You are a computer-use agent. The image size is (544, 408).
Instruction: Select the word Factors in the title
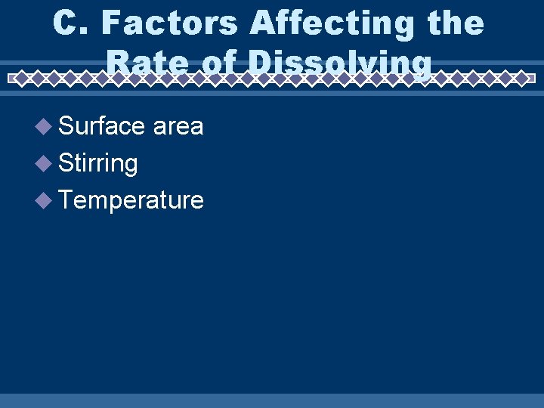click(169, 24)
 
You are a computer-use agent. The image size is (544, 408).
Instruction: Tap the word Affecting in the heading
click(332, 24)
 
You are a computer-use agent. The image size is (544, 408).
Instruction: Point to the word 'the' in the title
click(453, 24)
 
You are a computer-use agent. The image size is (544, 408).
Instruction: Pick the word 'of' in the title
click(218, 63)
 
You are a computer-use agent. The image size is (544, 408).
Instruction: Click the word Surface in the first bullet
click(101, 126)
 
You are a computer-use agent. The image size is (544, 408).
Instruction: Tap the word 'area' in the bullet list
click(178, 126)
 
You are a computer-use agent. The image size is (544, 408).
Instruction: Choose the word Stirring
click(97, 163)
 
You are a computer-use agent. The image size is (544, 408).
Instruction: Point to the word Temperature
click(131, 200)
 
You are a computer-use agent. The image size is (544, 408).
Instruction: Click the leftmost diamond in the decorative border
click(21, 77)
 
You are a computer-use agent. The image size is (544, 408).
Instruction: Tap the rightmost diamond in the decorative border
click(522, 77)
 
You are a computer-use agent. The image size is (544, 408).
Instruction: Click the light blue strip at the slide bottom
click(272, 400)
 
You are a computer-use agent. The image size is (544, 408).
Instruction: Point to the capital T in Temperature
click(66, 199)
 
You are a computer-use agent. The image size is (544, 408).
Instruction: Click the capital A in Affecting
click(262, 24)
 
